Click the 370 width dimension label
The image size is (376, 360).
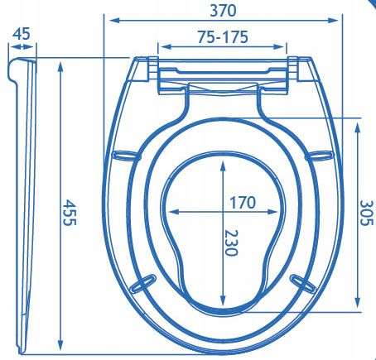pos(223,11)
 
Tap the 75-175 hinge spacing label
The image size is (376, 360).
pos(223,37)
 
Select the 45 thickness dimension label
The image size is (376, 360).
pos(22,34)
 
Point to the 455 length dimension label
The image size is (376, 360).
pos(69,213)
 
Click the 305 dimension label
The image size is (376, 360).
pos(367,213)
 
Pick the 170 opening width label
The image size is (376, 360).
pos(243,202)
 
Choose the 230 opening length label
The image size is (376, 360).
pos(230,242)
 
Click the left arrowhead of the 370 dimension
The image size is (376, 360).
pos(114,20)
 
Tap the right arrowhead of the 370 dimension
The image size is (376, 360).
pos(333,20)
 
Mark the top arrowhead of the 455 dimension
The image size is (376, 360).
pos(60,67)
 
